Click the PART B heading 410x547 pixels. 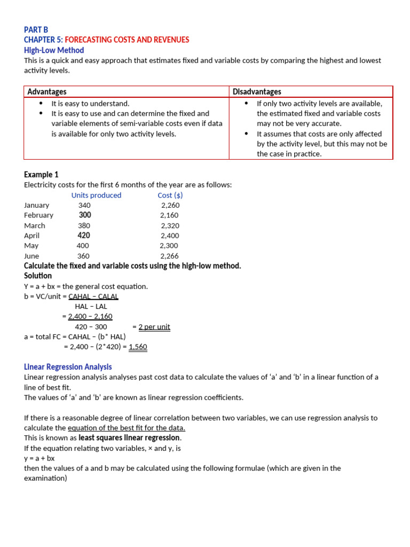[36, 30]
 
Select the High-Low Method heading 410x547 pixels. [54, 50]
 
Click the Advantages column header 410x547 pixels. [47, 92]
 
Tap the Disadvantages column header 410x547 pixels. [257, 92]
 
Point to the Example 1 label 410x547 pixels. [41, 175]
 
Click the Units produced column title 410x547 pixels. [96, 195]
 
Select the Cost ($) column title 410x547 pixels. [170, 195]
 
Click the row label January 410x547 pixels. [36, 205]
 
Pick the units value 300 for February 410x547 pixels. [85, 215]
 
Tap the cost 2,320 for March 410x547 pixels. [170, 225]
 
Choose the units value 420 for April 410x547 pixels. [84, 236]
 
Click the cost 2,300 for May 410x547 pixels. [169, 246]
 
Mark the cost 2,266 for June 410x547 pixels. [170, 256]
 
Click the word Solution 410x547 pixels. [38, 276]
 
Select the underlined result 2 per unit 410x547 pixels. [154, 327]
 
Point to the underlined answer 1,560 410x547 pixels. [138, 347]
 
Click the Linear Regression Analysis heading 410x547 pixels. [68, 367]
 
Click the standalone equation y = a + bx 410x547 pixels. [40, 458]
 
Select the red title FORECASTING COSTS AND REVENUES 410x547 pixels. [127, 40]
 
